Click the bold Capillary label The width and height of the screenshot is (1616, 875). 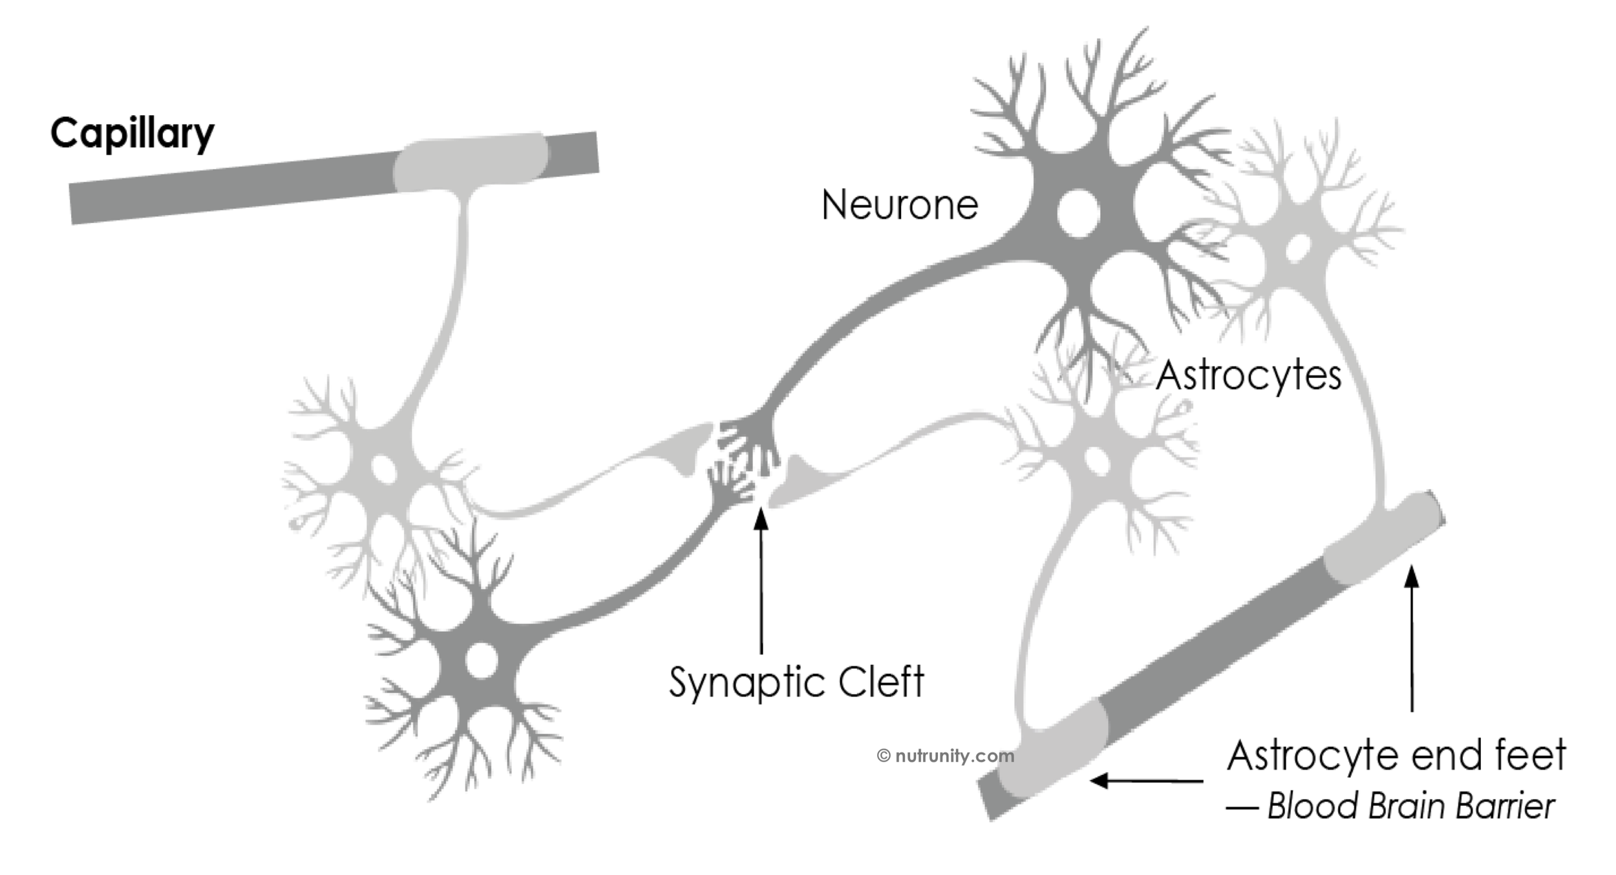pyautogui.click(x=132, y=134)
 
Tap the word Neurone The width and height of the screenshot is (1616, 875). pyautogui.click(x=899, y=206)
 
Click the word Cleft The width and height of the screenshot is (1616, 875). pyautogui.click(x=881, y=682)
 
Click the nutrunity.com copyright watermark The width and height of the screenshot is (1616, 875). pyautogui.click(x=945, y=755)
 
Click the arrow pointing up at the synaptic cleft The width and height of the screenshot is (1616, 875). pyautogui.click(x=761, y=582)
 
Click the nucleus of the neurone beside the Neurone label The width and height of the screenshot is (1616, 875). pyautogui.click(x=1079, y=213)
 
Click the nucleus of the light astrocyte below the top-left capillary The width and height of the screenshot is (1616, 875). pyautogui.click(x=383, y=469)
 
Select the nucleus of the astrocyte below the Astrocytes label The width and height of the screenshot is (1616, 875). pyautogui.click(x=1097, y=461)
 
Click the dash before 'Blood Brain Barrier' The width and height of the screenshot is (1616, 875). pyautogui.click(x=1242, y=808)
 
